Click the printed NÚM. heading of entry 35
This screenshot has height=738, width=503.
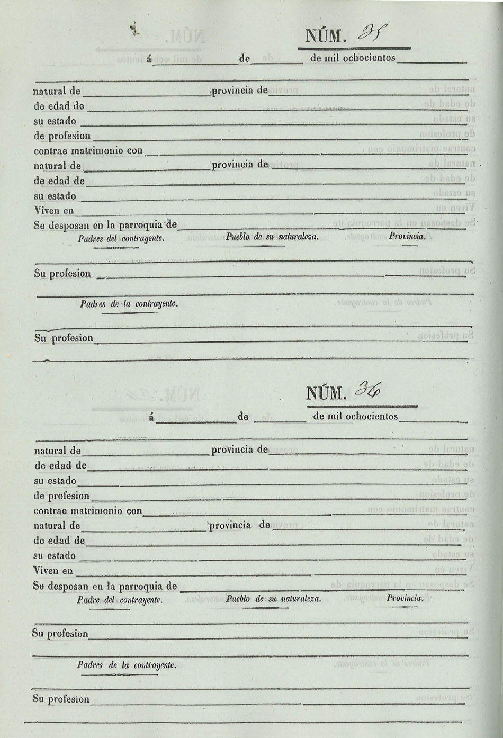point(326,37)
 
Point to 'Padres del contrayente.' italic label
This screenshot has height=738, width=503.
point(121,239)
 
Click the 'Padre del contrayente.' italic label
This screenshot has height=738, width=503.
point(120,600)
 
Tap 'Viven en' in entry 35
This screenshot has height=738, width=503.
point(53,210)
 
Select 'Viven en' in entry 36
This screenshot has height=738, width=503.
point(53,571)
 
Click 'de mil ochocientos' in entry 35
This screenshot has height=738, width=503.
point(353,58)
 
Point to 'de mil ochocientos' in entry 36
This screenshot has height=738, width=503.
point(355,416)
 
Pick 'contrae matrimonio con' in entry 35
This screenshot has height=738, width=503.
point(88,151)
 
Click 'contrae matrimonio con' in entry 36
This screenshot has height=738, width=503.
point(88,511)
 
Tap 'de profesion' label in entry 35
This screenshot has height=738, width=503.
point(62,136)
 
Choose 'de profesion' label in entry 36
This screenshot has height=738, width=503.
point(61,496)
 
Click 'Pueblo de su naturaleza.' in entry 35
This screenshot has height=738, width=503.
point(272,237)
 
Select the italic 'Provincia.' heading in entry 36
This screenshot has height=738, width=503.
point(405,598)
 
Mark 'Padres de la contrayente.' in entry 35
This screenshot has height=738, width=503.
point(129,304)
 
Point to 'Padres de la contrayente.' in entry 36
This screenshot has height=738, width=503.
point(127,665)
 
